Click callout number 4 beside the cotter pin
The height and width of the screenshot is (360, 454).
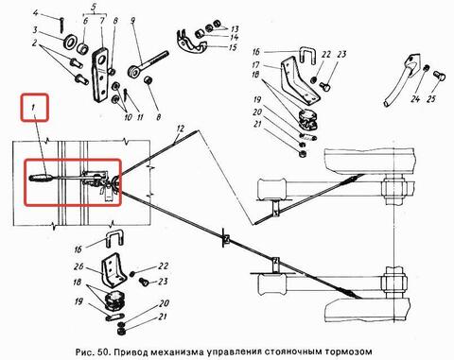click(36, 13)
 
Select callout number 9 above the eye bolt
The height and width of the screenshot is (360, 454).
click(132, 21)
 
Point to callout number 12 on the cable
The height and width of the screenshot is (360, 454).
click(180, 129)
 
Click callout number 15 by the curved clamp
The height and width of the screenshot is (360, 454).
click(233, 47)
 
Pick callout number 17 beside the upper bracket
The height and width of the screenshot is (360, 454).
click(256, 64)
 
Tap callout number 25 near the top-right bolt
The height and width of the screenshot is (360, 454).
click(431, 98)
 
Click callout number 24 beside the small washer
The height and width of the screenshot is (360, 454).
click(415, 99)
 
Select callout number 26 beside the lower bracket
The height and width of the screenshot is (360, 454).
click(79, 266)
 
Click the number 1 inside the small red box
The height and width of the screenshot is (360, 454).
click(33, 108)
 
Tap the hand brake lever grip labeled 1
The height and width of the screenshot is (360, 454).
click(42, 178)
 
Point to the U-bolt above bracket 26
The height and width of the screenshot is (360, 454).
click(114, 238)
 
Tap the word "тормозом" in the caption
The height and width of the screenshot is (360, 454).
click(348, 351)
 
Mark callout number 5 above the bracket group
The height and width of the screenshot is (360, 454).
click(94, 9)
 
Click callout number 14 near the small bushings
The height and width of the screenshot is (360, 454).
click(234, 38)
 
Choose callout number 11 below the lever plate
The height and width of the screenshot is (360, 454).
click(140, 117)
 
